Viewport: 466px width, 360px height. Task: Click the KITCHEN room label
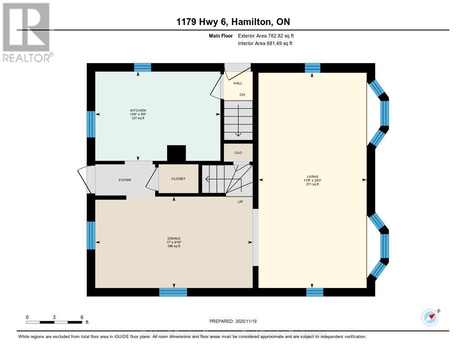pyautogui.click(x=138, y=111)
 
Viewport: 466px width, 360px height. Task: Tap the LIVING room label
pyautogui.click(x=312, y=177)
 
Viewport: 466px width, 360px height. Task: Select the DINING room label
pyautogui.click(x=174, y=238)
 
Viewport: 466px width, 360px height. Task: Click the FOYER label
pyautogui.click(x=125, y=180)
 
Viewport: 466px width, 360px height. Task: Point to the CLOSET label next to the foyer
pyautogui.click(x=178, y=179)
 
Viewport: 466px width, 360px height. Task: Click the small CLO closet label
pyautogui.click(x=238, y=152)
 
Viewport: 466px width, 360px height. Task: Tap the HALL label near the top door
pyautogui.click(x=238, y=83)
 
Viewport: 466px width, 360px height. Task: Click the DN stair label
pyautogui.click(x=243, y=95)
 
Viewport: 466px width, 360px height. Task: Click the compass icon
pyautogui.click(x=430, y=317)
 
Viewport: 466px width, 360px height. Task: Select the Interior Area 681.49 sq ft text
pyautogui.click(x=265, y=43)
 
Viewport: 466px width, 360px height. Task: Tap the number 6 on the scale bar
pyautogui.click(x=81, y=317)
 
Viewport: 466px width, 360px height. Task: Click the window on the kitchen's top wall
pyautogui.click(x=142, y=67)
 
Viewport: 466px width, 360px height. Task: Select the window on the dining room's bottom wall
pyautogui.click(x=173, y=292)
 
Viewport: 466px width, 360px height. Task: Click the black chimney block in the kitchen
pyautogui.click(x=177, y=153)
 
